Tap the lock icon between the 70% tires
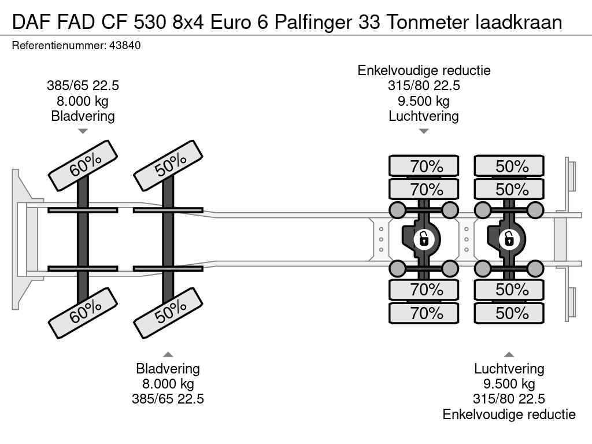pyautogui.click(x=424, y=238)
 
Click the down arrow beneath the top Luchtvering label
pyautogui.click(x=424, y=131)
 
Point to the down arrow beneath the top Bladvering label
pyautogui.click(x=83, y=131)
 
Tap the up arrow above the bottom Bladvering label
pyautogui.click(x=168, y=354)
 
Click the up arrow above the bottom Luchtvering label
pyautogui.click(x=509, y=354)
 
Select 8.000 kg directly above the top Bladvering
pyautogui.click(x=83, y=101)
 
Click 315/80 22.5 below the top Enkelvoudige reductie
pyautogui.click(x=424, y=86)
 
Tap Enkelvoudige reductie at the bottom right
pyautogui.click(x=509, y=414)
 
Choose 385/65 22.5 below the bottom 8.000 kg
pyautogui.click(x=168, y=399)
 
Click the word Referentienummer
pyautogui.click(x=58, y=45)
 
